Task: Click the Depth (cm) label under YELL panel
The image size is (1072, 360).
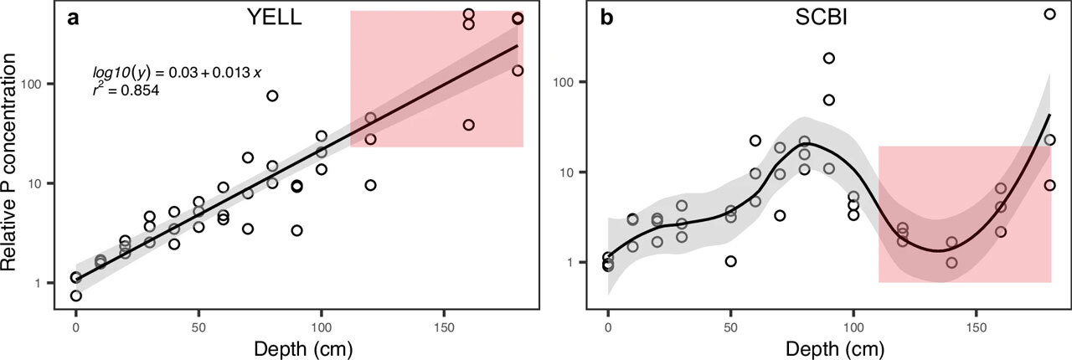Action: pos(299,345)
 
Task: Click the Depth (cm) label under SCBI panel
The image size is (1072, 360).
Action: pos(829,345)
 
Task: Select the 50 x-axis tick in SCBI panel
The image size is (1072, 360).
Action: pos(730,322)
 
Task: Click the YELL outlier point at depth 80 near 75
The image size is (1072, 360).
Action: pos(272,95)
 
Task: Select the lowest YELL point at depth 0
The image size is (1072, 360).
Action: pos(76,296)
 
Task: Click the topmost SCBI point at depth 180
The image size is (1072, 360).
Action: pos(1049,13)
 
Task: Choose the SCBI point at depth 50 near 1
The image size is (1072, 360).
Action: pos(730,261)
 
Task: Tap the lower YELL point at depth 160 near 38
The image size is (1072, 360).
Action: pos(469,125)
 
